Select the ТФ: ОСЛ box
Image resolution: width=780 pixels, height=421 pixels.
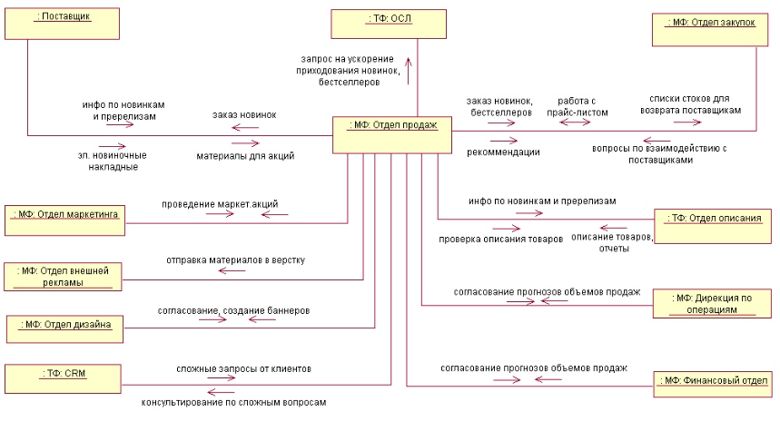[389, 23]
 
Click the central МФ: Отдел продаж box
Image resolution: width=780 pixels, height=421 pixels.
[391, 132]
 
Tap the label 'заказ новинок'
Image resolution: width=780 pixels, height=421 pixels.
[244, 114]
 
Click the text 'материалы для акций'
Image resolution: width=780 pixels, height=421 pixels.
[245, 155]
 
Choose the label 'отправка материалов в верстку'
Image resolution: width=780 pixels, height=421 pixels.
[234, 260]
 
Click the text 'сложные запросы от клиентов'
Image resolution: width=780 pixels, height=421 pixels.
[243, 369]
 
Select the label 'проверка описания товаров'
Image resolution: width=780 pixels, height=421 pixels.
[501, 240]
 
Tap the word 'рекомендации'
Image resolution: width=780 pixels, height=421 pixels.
[503, 152]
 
